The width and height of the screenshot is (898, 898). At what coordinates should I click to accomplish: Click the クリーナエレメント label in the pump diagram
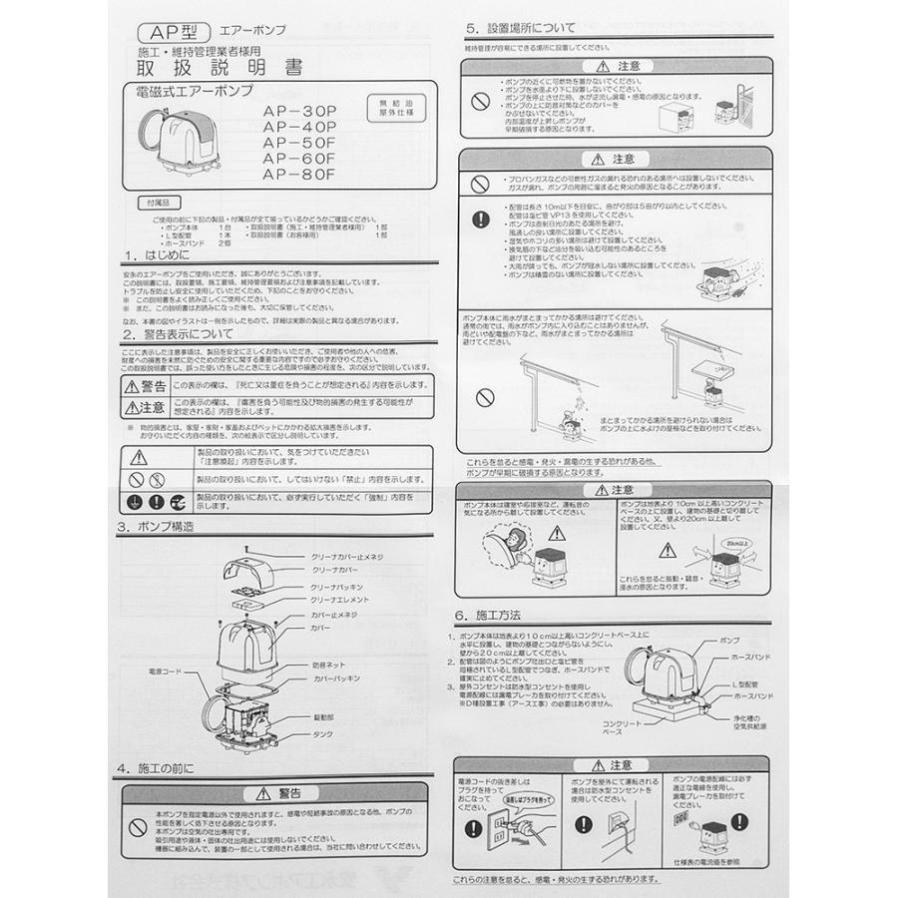pyautogui.click(x=339, y=600)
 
